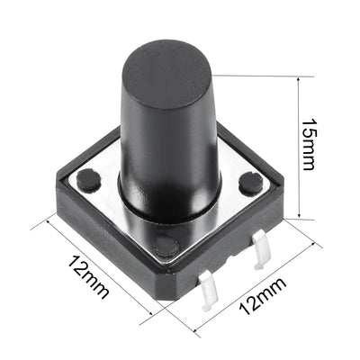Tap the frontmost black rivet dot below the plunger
(166, 243)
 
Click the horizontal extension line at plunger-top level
(261, 76)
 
